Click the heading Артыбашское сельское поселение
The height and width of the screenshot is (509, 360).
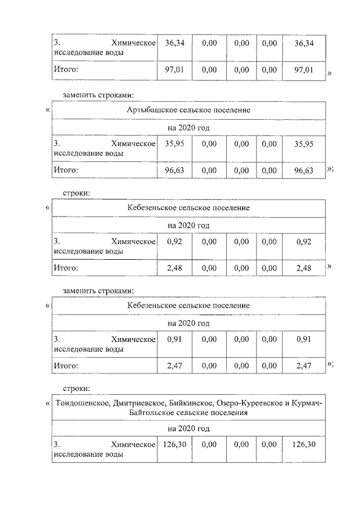pyautogui.click(x=188, y=110)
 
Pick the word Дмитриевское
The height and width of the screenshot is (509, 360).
pyautogui.click(x=138, y=403)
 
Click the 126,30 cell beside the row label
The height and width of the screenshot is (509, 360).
pyautogui.click(x=174, y=444)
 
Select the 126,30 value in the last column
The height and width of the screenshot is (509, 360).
pyautogui.click(x=304, y=444)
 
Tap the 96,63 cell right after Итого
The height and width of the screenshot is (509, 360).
pyautogui.click(x=174, y=169)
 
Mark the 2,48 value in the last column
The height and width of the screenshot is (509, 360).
pyautogui.click(x=304, y=268)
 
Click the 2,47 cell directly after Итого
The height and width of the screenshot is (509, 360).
pyautogui.click(x=174, y=366)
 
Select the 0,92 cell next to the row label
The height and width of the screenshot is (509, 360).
pyautogui.click(x=174, y=242)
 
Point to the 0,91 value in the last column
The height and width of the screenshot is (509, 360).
pyautogui.click(x=304, y=340)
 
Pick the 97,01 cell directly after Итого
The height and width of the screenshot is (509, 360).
pyautogui.click(x=174, y=70)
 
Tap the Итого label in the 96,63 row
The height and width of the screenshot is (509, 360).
pyautogui.click(x=66, y=169)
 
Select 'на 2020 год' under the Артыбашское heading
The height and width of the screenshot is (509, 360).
pyautogui.click(x=188, y=128)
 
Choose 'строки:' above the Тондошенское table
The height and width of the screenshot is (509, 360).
pyautogui.click(x=76, y=388)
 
